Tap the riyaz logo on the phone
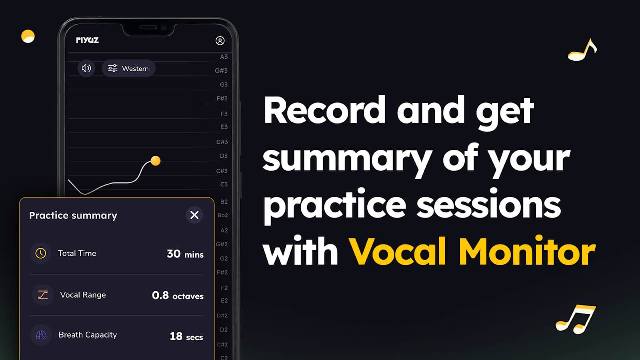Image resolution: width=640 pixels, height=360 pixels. [88, 40]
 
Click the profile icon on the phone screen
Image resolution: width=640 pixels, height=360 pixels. [220, 40]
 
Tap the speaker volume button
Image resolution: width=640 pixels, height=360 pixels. [86, 68]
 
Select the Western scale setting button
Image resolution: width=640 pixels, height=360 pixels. [128, 68]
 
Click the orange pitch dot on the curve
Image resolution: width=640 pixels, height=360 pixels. [156, 160]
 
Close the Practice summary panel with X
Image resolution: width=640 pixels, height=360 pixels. [194, 215]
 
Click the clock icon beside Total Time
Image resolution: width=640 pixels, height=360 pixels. [40, 253]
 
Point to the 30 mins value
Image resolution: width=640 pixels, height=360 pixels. [185, 254]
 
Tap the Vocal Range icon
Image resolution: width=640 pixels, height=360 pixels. [43, 295]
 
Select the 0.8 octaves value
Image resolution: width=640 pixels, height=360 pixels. [178, 296]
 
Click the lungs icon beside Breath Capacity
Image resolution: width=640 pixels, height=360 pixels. [41, 335]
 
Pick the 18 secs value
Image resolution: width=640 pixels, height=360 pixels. [186, 336]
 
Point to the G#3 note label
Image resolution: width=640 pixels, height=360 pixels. [221, 70]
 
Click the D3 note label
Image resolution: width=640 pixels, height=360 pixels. [224, 156]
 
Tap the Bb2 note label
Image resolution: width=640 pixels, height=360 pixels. [222, 215]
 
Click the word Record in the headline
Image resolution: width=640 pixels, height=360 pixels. [324, 110]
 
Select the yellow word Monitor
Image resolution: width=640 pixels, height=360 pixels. [527, 252]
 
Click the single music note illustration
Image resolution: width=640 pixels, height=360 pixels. [582, 50]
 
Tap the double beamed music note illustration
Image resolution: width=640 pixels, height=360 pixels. [576, 320]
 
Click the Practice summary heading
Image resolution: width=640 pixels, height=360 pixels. [73, 215]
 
